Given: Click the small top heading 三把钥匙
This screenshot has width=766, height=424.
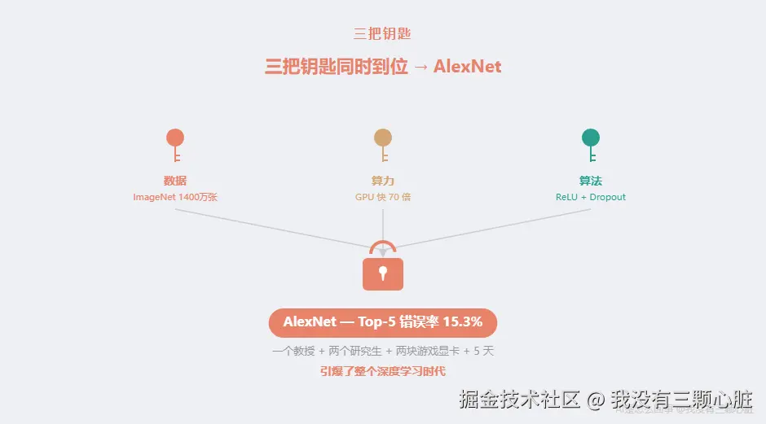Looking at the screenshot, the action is [x=382, y=34].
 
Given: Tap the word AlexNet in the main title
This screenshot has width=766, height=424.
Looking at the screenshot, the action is [x=467, y=67].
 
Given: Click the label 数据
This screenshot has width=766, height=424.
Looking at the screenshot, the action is [x=175, y=181].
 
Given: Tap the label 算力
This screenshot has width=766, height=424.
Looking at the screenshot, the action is [x=383, y=181].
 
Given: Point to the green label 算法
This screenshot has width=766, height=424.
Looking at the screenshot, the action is [x=591, y=181].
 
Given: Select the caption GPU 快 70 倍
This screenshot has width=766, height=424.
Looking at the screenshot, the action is [x=383, y=197].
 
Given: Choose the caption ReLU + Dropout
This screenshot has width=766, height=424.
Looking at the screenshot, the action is [x=591, y=197].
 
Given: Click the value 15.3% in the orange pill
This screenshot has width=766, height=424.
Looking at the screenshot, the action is [x=462, y=321].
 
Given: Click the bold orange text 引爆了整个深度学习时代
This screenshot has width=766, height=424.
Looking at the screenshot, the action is [x=383, y=371].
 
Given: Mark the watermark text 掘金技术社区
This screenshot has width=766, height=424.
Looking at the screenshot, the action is [x=519, y=400].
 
